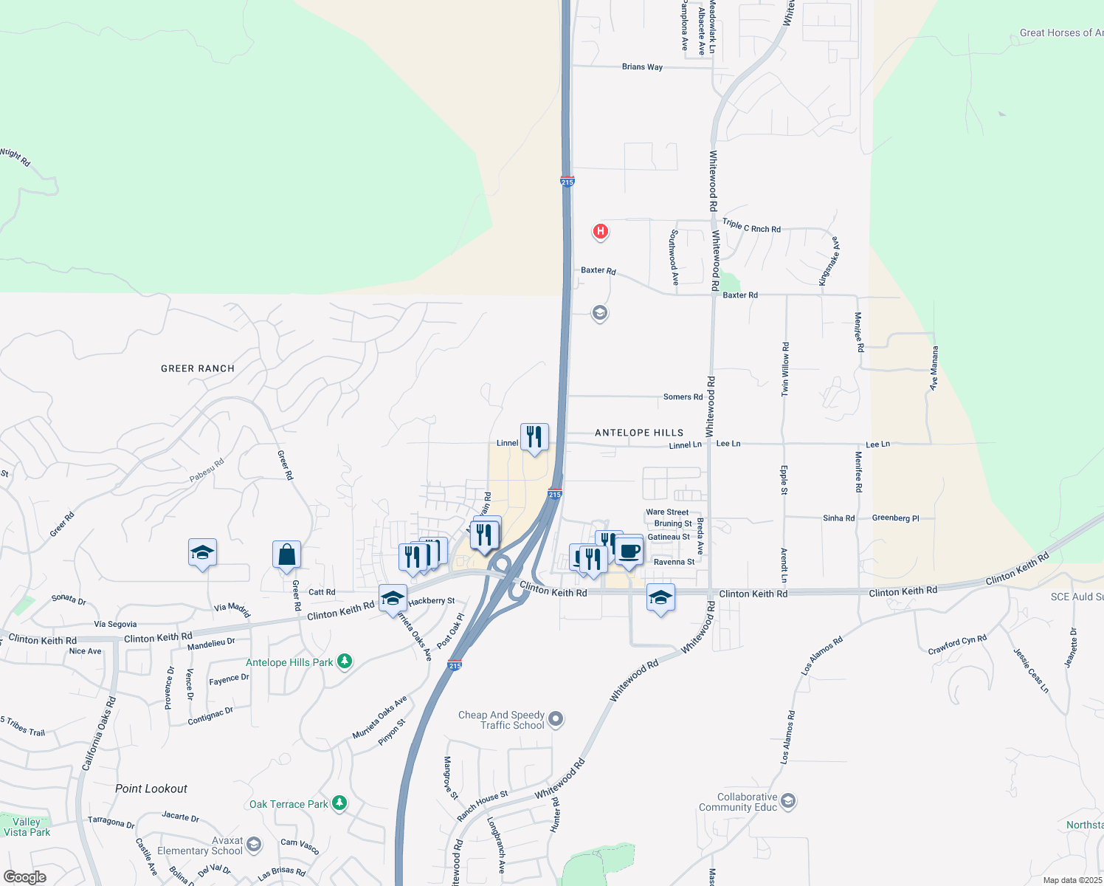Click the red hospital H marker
point(601,232)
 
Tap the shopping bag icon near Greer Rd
point(286,554)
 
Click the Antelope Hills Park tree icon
point(345,662)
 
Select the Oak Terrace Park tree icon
point(339,803)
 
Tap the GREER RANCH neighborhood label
point(198,368)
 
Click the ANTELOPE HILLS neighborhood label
point(639,433)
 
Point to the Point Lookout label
point(151,789)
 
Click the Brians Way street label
point(642,67)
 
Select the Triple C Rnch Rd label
point(751,226)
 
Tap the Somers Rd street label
point(683,397)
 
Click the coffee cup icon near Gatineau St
point(629,551)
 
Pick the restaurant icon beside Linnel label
point(534,437)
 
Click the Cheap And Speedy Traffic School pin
point(556,718)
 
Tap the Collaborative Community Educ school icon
point(788,801)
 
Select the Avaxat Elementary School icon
point(254,845)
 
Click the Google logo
point(24,877)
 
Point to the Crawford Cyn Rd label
point(957,644)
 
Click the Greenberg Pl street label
point(895,518)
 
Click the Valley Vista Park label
point(27,827)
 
